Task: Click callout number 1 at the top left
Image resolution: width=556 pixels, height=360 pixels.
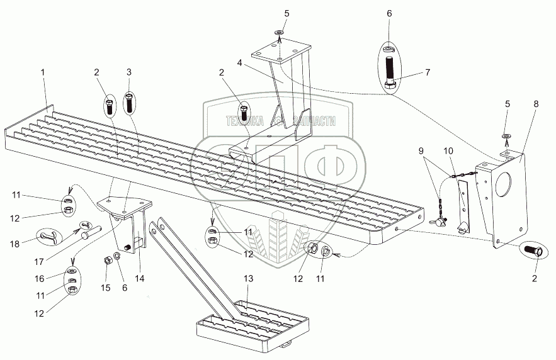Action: (43, 72)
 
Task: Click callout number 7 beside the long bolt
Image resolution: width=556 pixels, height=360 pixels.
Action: (427, 72)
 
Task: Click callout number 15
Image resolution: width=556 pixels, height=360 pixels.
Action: (105, 288)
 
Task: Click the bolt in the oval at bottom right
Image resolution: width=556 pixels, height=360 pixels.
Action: (534, 251)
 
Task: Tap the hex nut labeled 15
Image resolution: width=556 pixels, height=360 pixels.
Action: (108, 261)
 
